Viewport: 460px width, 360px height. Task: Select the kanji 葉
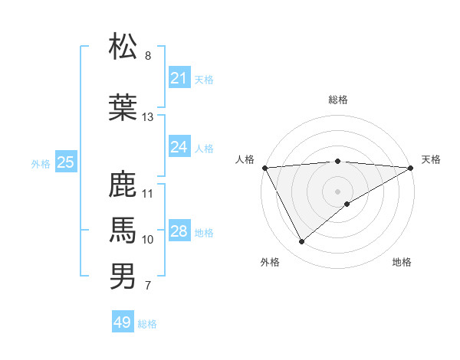tap(123, 107)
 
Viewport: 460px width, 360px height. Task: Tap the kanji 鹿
tap(123, 185)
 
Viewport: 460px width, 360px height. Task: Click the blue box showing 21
tap(179, 78)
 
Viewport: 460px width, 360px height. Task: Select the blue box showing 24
tap(179, 147)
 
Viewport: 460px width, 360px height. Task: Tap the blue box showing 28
tap(179, 231)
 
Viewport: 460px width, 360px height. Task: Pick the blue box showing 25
tap(65, 162)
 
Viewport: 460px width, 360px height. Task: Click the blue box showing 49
tap(122, 322)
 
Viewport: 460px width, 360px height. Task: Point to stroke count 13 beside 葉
tap(148, 117)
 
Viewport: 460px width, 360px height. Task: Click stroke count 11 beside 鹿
tap(148, 193)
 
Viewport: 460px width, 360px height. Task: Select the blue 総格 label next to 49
tap(147, 324)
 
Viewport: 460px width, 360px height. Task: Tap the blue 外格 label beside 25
tap(41, 163)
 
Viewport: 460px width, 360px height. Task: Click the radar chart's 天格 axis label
tap(431, 159)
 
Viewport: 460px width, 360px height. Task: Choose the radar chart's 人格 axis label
tap(245, 159)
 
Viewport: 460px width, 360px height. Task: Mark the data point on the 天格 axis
tap(411, 167)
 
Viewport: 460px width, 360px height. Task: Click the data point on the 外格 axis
tap(301, 241)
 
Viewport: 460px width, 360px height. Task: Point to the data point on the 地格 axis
tap(347, 204)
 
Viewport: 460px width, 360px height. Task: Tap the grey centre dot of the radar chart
tap(337, 190)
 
